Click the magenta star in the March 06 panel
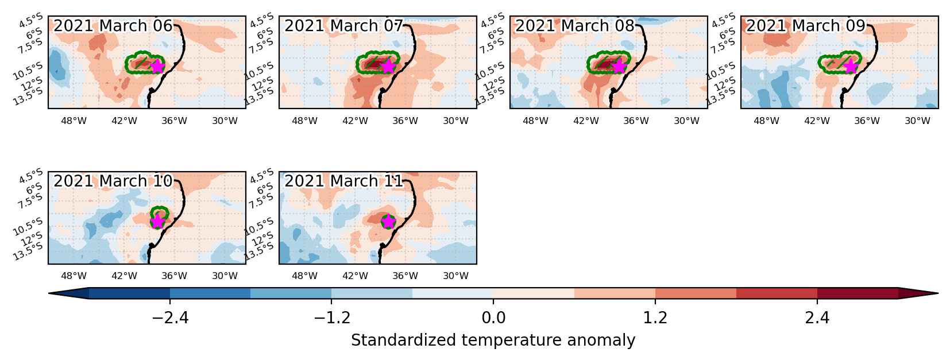tap(157, 67)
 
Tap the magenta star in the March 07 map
tap(388, 67)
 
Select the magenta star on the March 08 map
tap(619, 67)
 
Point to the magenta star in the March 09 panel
tap(850, 67)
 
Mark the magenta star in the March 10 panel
tap(157, 222)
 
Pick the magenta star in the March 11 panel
tap(388, 222)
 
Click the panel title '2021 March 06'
tap(113, 26)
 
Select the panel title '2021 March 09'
tap(805, 26)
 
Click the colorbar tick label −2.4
tap(170, 318)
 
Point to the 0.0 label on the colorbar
tap(493, 318)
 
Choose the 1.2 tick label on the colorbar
tap(655, 318)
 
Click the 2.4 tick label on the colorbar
tap(817, 318)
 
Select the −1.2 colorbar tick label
tap(331, 318)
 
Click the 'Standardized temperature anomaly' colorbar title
tap(493, 340)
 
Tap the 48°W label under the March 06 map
tap(74, 121)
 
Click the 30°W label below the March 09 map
tap(917, 121)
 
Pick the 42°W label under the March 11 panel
tap(355, 276)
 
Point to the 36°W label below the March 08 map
tap(636, 121)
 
